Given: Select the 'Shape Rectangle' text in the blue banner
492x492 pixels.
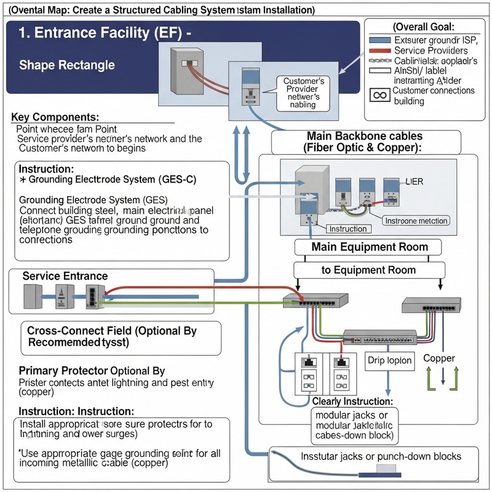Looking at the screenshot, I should click(67, 65).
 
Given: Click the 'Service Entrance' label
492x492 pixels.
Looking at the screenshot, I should click(65, 276).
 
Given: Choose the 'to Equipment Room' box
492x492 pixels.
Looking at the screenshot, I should click(369, 269).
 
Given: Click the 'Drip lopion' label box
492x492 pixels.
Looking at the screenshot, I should click(389, 360).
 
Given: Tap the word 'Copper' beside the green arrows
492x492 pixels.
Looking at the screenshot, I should click(439, 358).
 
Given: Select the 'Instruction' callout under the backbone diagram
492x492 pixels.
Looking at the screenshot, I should click(348, 229).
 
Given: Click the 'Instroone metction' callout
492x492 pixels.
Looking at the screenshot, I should click(416, 220).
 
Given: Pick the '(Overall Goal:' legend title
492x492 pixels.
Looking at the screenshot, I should click(423, 27).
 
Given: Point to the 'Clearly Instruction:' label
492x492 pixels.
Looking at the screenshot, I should click(352, 401).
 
